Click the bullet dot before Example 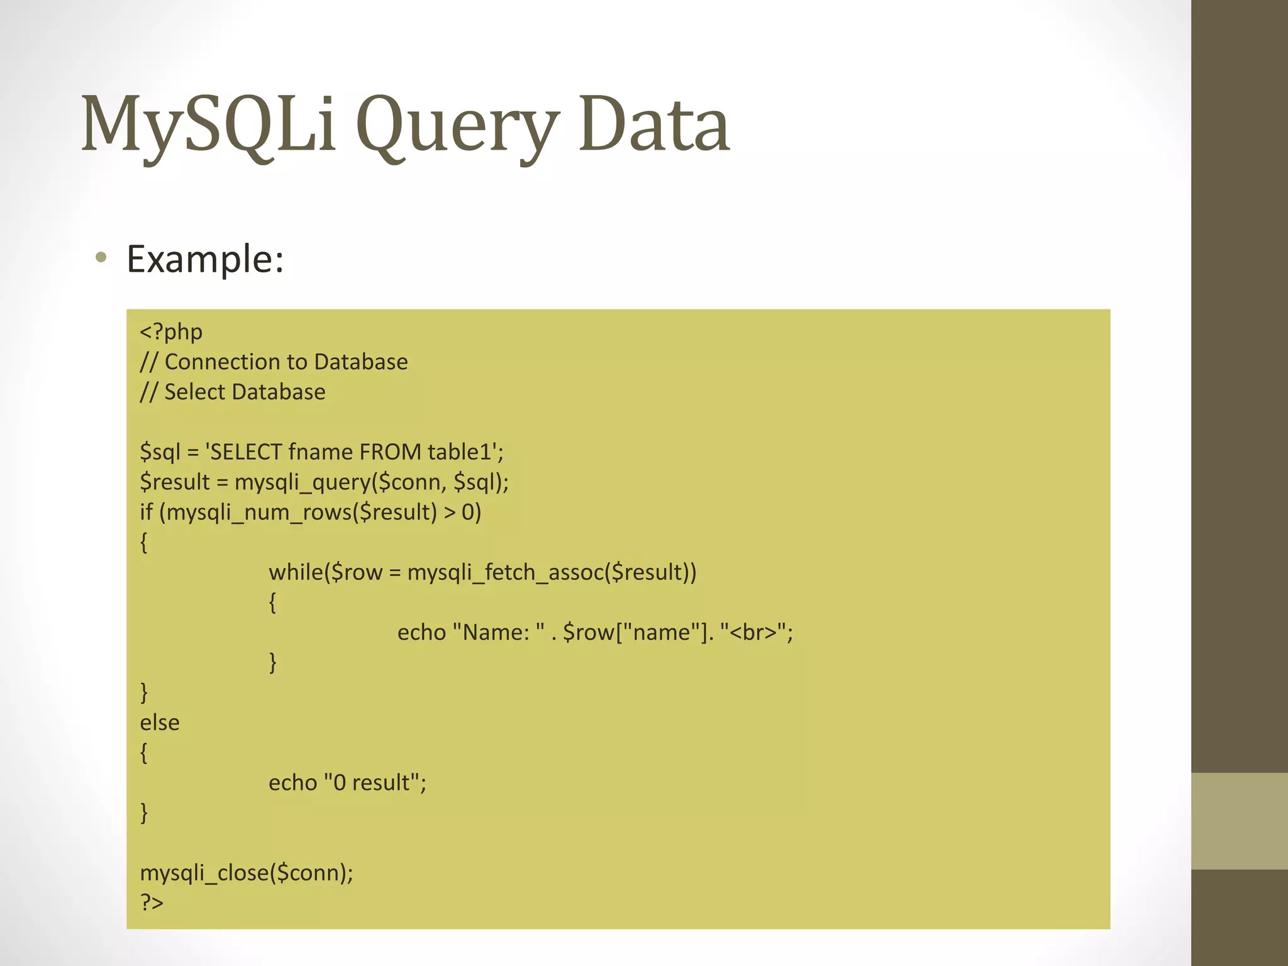coord(101,257)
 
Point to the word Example coord(205,258)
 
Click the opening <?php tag coord(171,331)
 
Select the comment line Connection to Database coord(274,362)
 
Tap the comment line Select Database coord(233,392)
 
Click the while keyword coord(296,572)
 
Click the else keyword coord(160,722)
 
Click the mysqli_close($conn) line coord(247,872)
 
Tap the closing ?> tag coord(152,902)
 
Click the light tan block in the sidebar coord(1240,821)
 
